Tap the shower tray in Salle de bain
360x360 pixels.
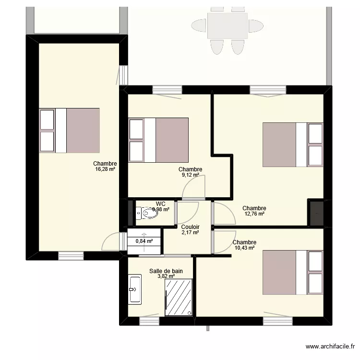[179, 298]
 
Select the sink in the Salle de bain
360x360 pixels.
[134, 289]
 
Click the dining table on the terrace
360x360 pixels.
[228, 26]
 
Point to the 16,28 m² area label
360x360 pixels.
[105, 169]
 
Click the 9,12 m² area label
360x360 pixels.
[190, 175]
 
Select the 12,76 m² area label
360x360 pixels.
[254, 214]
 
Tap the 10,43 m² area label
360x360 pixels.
[244, 248]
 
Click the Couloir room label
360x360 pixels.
[190, 227]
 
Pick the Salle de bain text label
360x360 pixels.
[166, 271]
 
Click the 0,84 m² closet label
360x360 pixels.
[144, 241]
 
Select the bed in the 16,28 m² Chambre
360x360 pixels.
[70, 130]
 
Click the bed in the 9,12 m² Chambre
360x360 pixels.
[158, 140]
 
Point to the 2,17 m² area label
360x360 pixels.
[190, 233]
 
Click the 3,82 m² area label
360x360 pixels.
[166, 276]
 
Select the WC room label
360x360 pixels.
[160, 204]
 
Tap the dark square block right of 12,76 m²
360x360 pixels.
[316, 212]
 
